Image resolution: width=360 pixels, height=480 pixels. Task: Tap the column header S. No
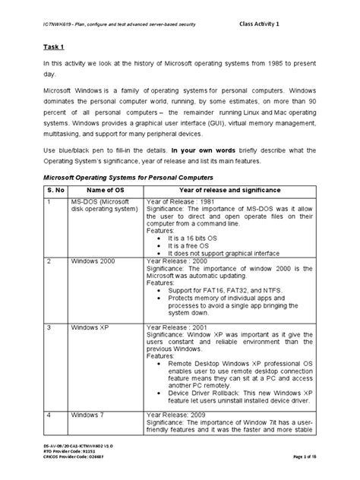[x=55, y=189]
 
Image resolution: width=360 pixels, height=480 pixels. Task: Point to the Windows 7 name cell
[x=87, y=415]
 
